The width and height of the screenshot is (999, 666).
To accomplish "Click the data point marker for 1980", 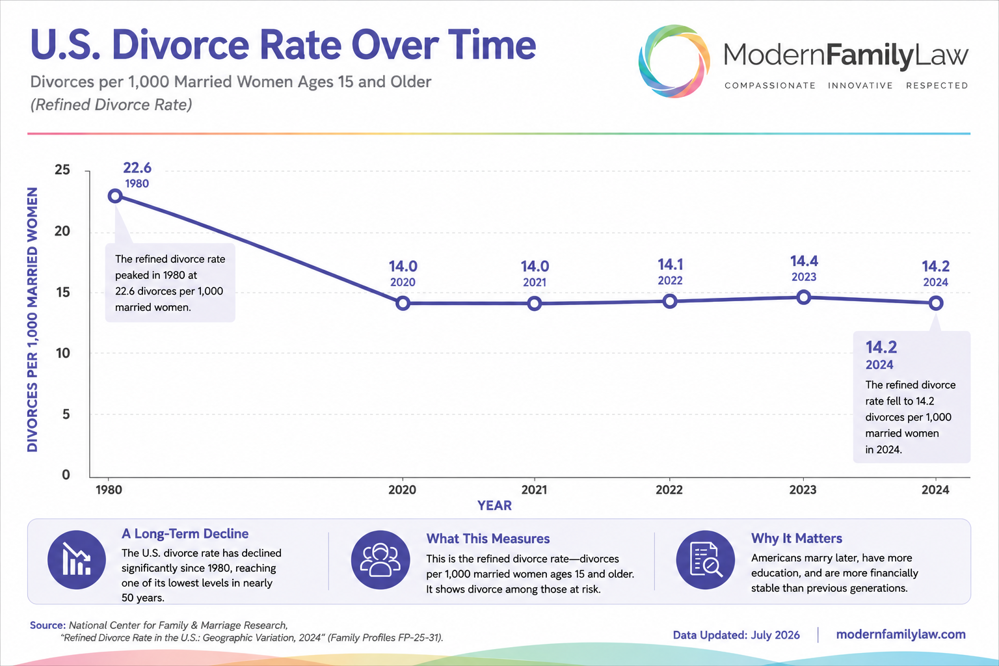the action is coord(115,196).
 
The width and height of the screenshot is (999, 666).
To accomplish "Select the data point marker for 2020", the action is coord(403,303).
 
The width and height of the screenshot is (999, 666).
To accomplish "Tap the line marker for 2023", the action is coord(804,297).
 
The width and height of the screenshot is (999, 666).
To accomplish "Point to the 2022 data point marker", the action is coord(669,302).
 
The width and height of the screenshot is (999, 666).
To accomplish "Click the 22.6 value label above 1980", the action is coord(137,168).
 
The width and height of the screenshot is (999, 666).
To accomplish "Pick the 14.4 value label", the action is coord(804,261).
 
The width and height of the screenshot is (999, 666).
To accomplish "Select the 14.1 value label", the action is coord(671,265).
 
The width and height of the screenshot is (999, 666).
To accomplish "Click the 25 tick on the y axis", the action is coord(62,170).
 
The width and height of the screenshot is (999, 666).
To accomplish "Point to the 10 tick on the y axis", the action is coord(63,353).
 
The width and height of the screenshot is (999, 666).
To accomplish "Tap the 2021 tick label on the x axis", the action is coord(534,490).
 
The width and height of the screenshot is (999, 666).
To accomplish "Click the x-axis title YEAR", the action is coord(494,505).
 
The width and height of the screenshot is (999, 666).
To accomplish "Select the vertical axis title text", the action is coord(32,319).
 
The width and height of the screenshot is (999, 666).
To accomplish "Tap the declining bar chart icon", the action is coord(77,560).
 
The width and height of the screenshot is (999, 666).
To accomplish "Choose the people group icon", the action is coord(380,560).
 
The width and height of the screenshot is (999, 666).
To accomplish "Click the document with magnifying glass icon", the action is coord(705,560).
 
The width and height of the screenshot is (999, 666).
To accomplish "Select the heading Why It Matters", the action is coord(797,539).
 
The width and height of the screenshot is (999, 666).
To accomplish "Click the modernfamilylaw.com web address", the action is coord(901,634).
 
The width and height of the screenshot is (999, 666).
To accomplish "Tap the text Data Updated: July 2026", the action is coord(736,635).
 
